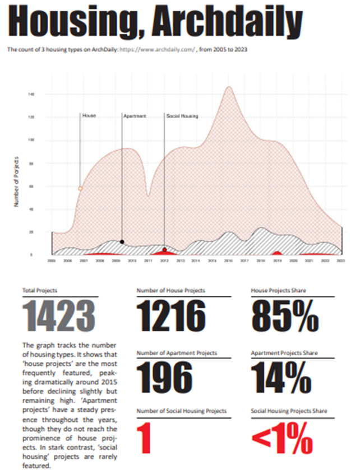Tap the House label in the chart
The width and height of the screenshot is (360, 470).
[89, 115]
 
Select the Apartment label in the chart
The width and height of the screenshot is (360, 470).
[135, 116]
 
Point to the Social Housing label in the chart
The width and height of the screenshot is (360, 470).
[182, 116]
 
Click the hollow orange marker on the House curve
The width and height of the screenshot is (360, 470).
[80, 189]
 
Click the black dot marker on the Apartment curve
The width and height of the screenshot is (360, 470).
[122, 241]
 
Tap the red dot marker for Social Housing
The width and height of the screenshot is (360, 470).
[164, 250]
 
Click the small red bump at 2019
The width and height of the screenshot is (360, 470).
[276, 253]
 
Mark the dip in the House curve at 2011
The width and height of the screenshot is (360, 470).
[148, 195]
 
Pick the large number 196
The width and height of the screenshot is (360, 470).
[165, 378]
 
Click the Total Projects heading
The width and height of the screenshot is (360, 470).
[40, 291]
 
